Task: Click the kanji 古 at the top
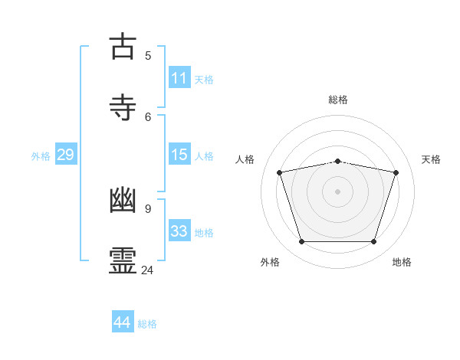point(123,47)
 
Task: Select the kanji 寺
point(123,106)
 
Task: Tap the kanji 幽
point(123,201)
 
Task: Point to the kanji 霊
point(123,260)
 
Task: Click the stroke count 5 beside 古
point(148,55)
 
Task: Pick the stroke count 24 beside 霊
point(148,270)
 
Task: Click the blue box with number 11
point(179,78)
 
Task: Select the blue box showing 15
point(179,155)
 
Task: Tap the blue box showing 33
point(179,231)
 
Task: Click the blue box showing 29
point(65,155)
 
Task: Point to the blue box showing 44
point(123,322)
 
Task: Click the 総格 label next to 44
point(147,324)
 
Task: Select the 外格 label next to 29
point(41,156)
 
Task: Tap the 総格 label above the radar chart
point(338,100)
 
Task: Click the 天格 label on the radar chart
point(431,159)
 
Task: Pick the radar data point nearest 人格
point(280,173)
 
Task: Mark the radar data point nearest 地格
point(373,242)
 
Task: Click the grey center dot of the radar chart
point(337,191)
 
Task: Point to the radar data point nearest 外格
point(301,242)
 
